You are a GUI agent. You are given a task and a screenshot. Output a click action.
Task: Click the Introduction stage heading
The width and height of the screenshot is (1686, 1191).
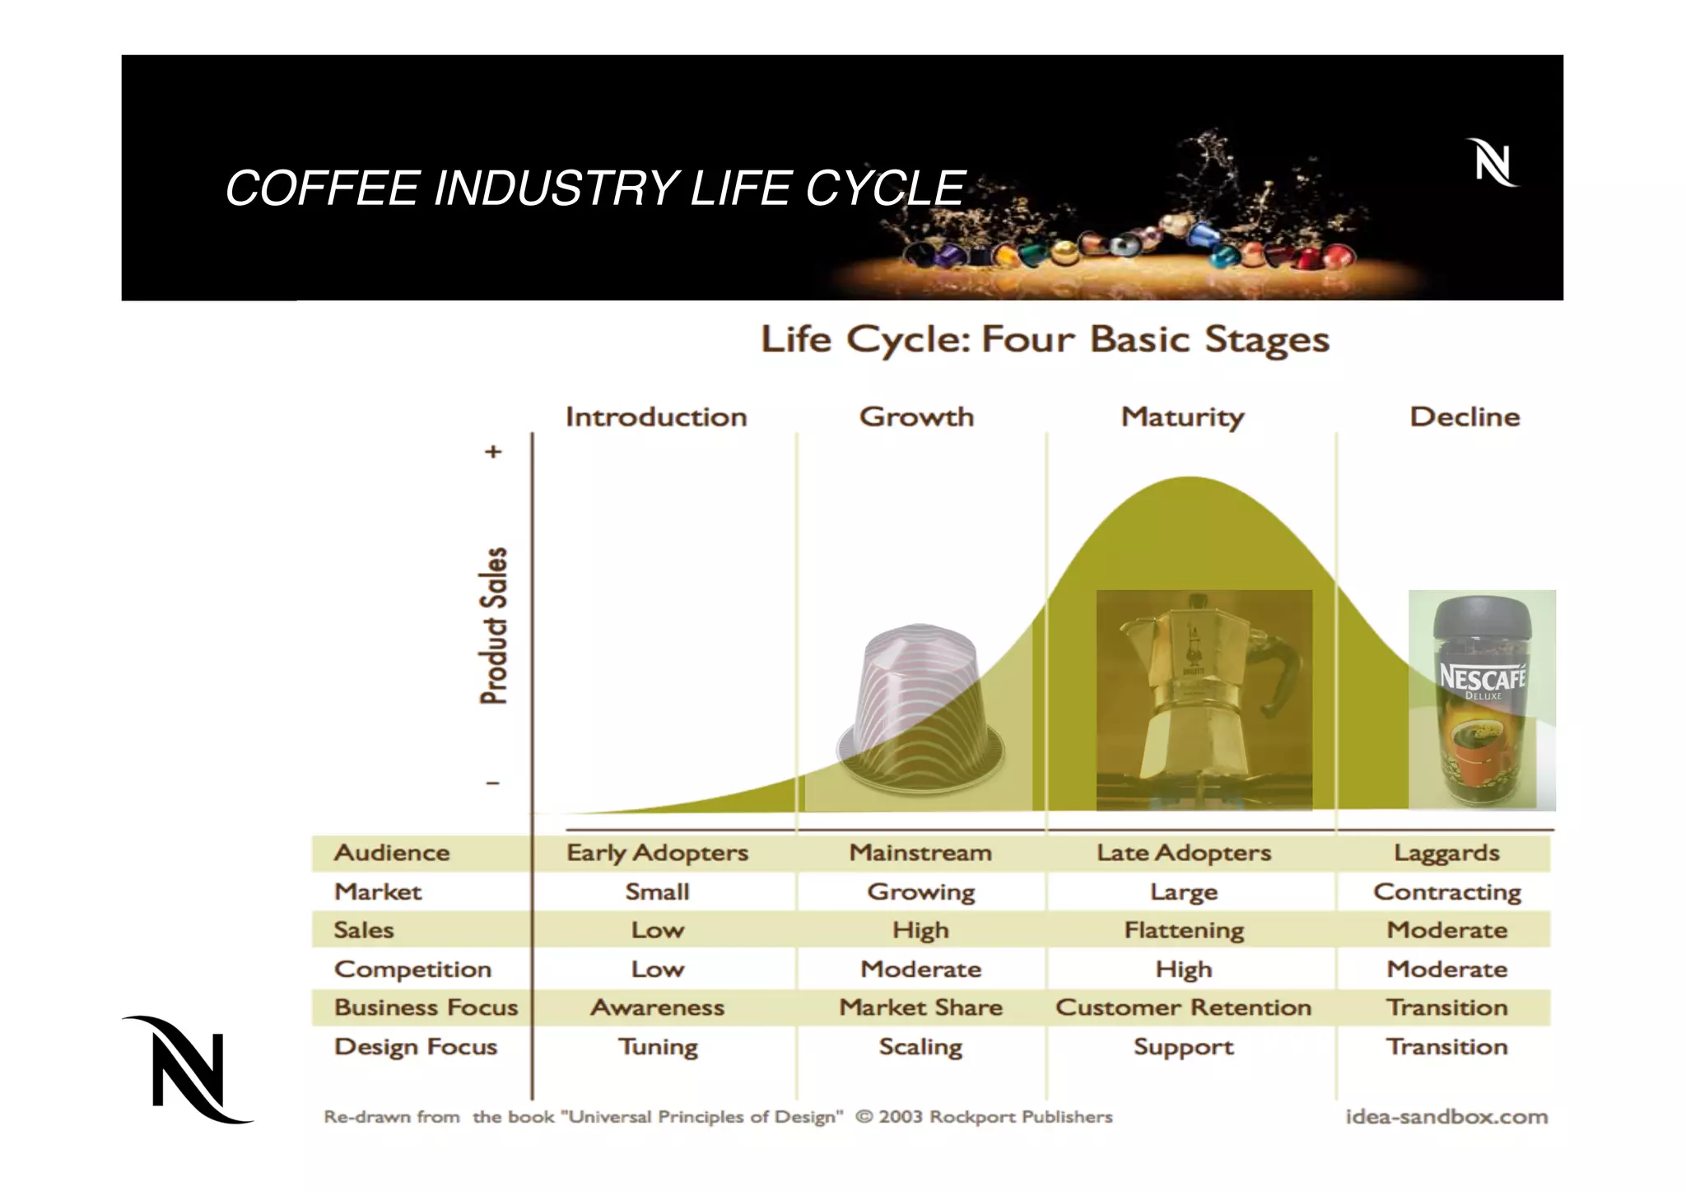tap(656, 417)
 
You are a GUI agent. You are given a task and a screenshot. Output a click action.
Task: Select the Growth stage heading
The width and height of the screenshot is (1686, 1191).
tap(916, 417)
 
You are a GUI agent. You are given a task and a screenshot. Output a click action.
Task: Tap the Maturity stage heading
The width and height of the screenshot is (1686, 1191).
tap(1182, 417)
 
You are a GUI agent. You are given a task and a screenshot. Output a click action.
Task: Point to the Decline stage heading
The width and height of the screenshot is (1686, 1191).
tap(1465, 417)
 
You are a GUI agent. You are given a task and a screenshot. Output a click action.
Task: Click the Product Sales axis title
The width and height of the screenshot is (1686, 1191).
tap(494, 626)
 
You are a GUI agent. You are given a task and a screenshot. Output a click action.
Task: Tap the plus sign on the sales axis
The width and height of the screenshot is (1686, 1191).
tap(493, 452)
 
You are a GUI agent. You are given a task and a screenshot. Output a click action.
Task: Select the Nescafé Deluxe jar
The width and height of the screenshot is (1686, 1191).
tap(1482, 700)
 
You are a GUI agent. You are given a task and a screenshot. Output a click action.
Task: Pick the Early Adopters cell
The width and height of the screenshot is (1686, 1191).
tap(657, 853)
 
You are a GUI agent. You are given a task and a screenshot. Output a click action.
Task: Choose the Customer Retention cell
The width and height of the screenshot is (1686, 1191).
tap(1183, 1007)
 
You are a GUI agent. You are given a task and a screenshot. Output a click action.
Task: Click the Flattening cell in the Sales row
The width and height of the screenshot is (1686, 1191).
tap(1184, 930)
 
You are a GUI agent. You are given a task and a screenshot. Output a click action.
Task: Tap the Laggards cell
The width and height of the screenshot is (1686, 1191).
tap(1446, 853)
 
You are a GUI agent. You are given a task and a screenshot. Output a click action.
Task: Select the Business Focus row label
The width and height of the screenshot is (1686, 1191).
tap(426, 1007)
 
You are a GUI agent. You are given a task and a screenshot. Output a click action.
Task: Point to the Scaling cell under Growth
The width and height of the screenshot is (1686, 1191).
tap(920, 1047)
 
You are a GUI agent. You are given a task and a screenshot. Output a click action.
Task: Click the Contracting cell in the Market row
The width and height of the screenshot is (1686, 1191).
tap(1446, 892)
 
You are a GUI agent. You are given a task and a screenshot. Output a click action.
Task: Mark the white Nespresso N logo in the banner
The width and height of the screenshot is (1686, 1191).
tap(1492, 163)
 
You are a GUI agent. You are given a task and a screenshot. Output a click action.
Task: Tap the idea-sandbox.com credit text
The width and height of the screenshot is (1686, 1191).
tap(1446, 1117)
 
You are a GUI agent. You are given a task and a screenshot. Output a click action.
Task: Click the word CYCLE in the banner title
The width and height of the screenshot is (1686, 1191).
tap(885, 188)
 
